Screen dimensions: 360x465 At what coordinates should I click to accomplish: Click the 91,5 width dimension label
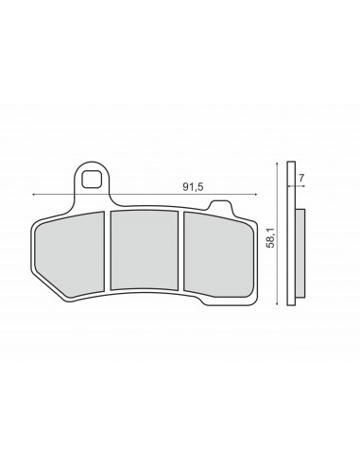pyautogui.click(x=193, y=187)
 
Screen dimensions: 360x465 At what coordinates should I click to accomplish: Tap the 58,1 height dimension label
pyautogui.click(x=270, y=237)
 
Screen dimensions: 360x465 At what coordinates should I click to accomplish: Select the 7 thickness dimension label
pyautogui.click(x=301, y=178)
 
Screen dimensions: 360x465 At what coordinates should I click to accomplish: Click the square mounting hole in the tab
pyautogui.click(x=92, y=179)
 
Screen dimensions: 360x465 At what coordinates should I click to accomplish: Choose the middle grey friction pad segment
pyautogui.click(x=145, y=250)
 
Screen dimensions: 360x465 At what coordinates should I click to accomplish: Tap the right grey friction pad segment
pyautogui.click(x=217, y=254)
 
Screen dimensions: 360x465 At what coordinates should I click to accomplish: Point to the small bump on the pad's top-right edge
pyautogui.click(x=220, y=206)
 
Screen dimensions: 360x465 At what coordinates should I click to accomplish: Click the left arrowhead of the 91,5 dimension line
pyautogui.click(x=33, y=195)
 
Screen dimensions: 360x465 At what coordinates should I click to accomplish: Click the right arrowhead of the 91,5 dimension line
pyautogui.click(x=256, y=195)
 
